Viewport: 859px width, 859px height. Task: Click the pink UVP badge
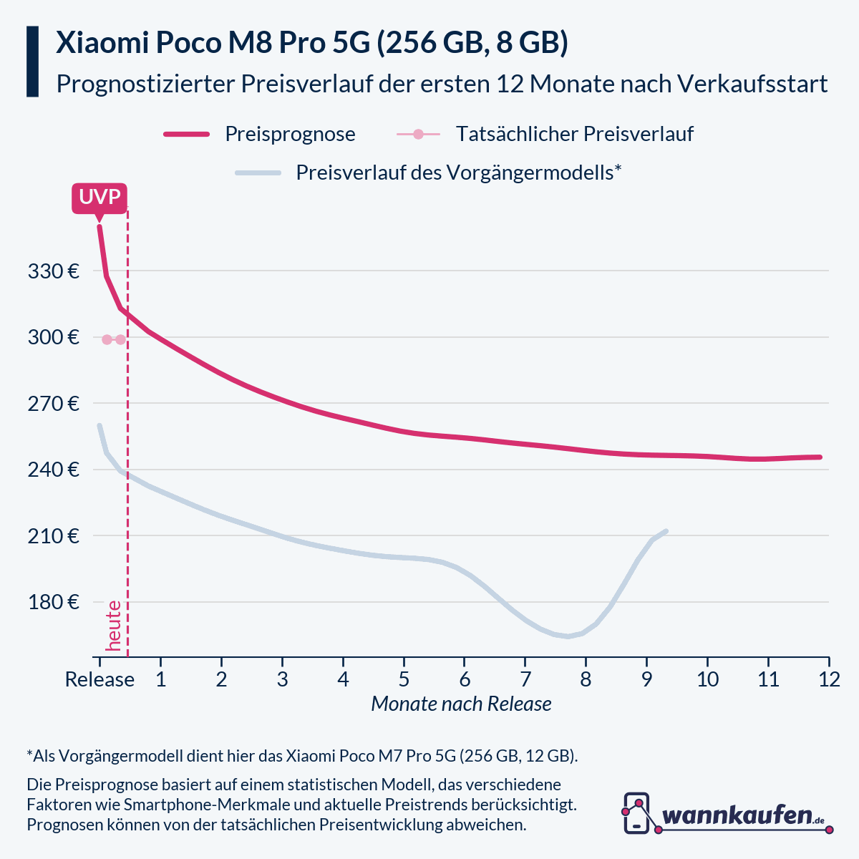(x=100, y=198)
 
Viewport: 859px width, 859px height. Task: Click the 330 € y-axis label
(x=54, y=271)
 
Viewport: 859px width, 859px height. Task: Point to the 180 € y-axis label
(x=54, y=602)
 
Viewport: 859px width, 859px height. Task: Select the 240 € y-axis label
(x=54, y=470)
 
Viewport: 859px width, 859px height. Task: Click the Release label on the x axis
(x=100, y=679)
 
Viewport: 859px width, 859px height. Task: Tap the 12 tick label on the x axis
(x=829, y=679)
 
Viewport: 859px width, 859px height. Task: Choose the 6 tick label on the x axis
(x=464, y=679)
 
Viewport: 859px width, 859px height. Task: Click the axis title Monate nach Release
(x=461, y=704)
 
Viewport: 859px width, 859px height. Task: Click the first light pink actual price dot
(x=107, y=339)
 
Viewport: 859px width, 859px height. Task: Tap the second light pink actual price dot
(x=120, y=339)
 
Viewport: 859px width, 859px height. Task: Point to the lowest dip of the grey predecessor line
(x=568, y=636)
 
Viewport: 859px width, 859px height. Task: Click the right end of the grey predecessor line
(x=666, y=531)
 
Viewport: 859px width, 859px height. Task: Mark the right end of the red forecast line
(x=820, y=457)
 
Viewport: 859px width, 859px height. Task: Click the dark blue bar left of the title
(x=32, y=62)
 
